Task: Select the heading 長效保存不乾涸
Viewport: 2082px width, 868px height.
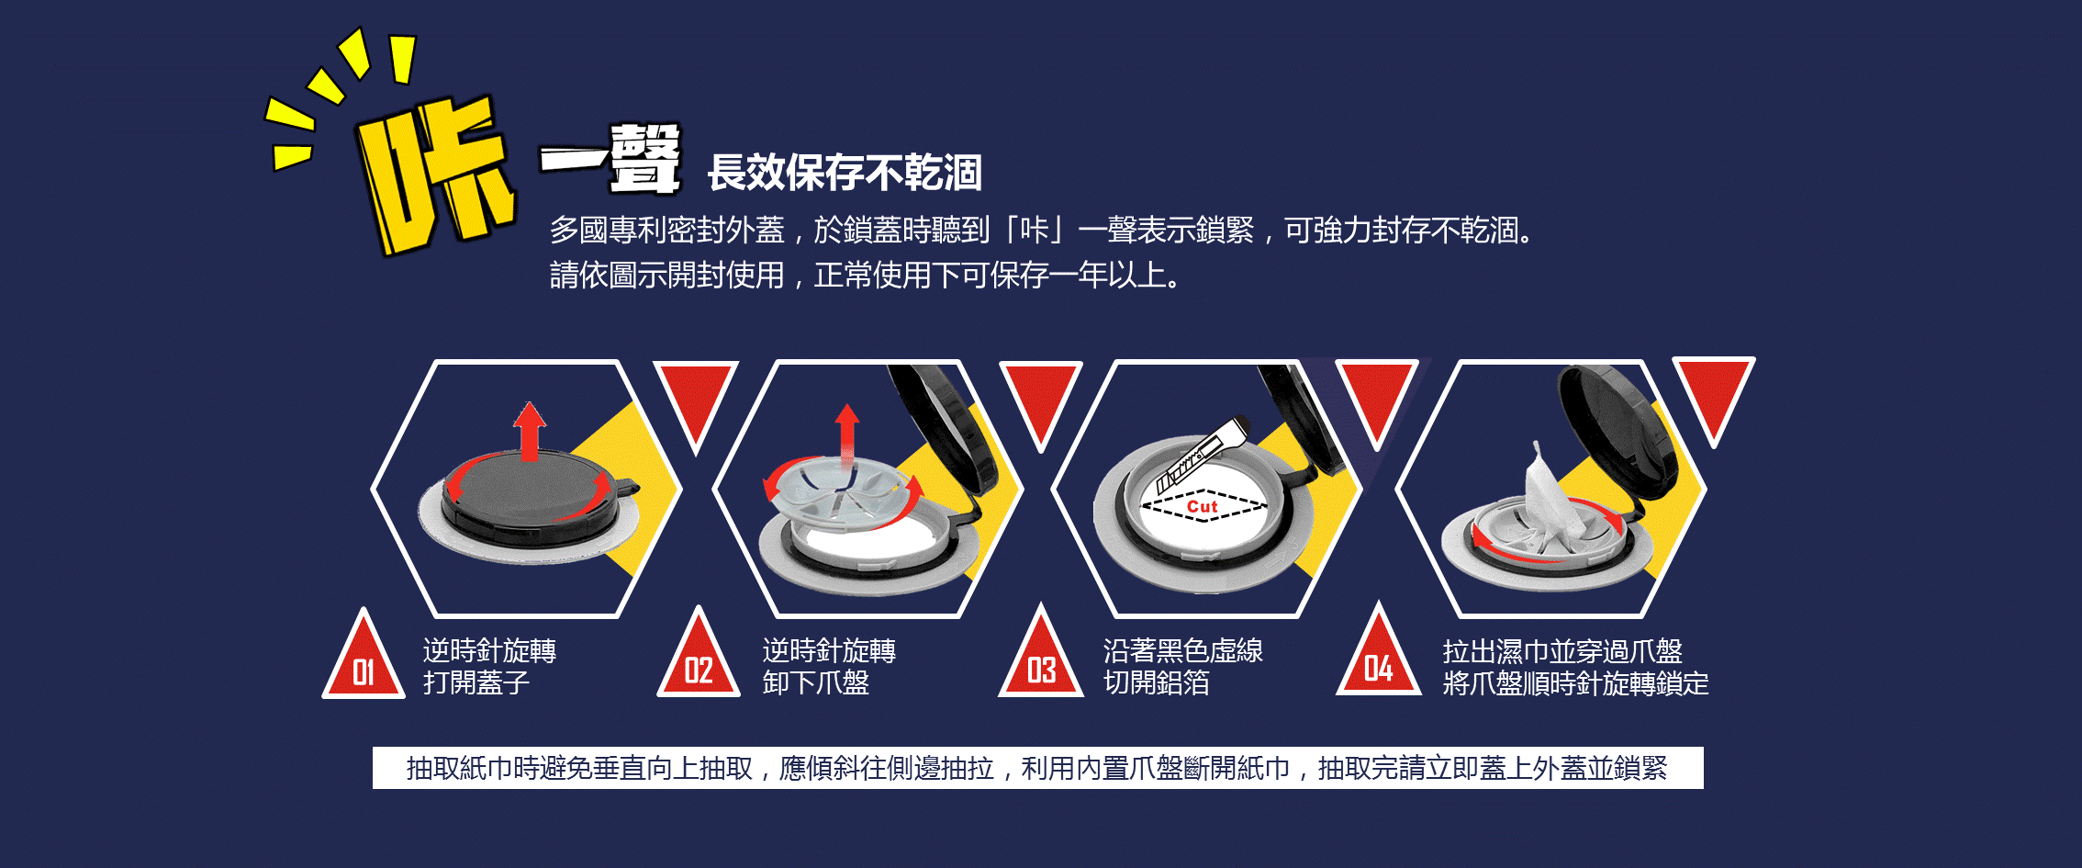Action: pos(845,173)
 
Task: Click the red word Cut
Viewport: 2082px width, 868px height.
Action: pos(1202,506)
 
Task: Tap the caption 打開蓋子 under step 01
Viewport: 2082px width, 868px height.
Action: pos(476,682)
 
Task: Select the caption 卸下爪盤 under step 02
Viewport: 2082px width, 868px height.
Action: pos(815,682)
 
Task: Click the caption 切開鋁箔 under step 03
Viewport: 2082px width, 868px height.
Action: pos(1157,682)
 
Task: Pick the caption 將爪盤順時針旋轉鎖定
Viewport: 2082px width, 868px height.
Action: pos(1575,683)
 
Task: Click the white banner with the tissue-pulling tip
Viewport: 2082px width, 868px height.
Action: pos(1037,767)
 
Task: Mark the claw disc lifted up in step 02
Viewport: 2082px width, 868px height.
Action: pos(835,496)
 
